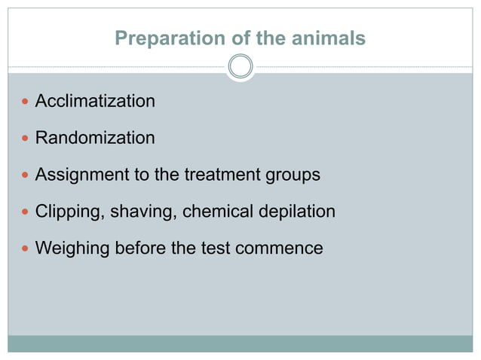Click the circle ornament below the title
pos(240,67)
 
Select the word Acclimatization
pos(95,101)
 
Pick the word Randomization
pos(95,138)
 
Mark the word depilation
pos(295,212)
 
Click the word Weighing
pos(70,248)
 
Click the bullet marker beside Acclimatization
pos(24,102)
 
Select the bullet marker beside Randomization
pos(24,139)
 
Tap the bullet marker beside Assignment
pos(24,175)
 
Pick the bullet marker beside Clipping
pos(24,212)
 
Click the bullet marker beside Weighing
pos(24,249)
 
